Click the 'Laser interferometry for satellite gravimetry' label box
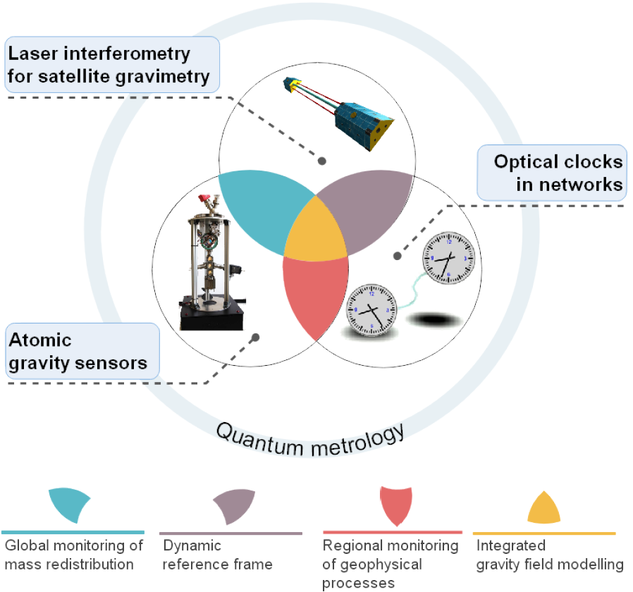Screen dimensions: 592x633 (x=112, y=65)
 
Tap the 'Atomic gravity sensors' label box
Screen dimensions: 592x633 (x=82, y=350)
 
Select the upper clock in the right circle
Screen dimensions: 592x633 (x=448, y=259)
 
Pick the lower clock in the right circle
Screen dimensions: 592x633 (x=371, y=309)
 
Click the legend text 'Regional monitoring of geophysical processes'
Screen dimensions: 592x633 (x=390, y=564)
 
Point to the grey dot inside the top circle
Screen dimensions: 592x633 (x=321, y=161)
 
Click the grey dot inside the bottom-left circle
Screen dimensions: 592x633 (x=255, y=338)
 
